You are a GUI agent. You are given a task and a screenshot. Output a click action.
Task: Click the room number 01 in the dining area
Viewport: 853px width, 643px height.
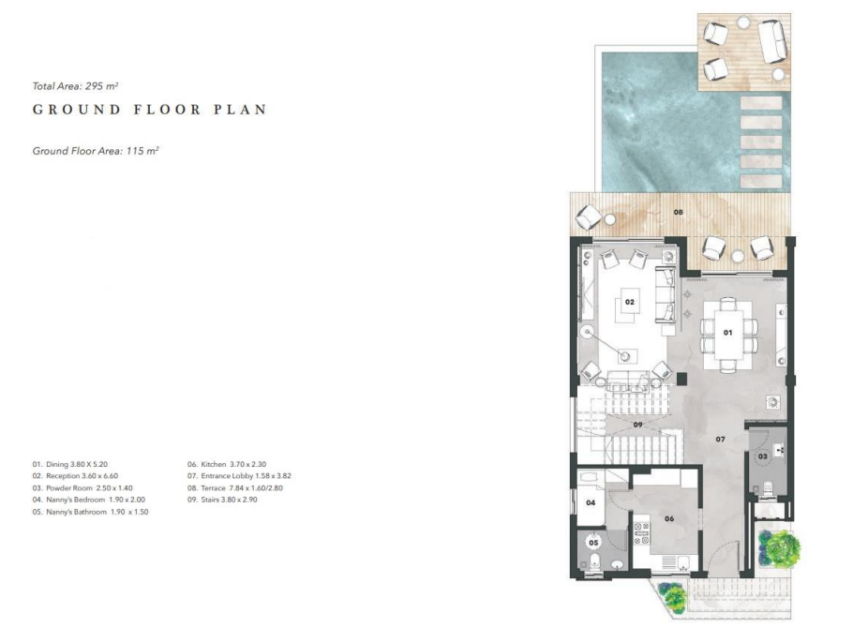pos(727,333)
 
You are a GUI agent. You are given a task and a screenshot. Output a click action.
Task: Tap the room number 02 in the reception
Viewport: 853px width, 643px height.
pos(629,302)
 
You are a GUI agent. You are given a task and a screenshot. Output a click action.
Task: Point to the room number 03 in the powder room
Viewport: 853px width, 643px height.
pos(763,456)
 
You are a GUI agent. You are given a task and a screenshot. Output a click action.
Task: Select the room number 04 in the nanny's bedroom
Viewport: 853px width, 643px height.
pos(591,502)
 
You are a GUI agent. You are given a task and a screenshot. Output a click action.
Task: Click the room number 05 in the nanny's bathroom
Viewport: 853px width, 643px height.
pos(593,543)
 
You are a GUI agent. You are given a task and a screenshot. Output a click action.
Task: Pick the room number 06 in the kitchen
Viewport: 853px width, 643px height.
pos(669,519)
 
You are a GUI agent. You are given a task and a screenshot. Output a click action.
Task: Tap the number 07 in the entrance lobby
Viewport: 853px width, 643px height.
pos(720,439)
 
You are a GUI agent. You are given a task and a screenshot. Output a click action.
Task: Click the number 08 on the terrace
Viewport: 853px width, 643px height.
pos(678,212)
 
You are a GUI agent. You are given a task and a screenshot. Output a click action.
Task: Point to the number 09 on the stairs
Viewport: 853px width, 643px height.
pos(637,425)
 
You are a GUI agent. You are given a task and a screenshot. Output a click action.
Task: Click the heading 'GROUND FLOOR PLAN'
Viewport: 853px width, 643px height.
pos(150,110)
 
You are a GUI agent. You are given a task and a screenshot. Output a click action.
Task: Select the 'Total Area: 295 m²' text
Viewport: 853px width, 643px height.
pos(76,86)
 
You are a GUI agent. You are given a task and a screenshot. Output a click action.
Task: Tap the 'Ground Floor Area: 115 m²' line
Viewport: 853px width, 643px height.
pos(96,151)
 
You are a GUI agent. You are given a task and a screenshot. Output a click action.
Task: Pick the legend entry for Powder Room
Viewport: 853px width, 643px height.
pos(82,488)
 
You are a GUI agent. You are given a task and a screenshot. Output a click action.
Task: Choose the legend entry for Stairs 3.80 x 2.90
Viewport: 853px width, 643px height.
pos(222,500)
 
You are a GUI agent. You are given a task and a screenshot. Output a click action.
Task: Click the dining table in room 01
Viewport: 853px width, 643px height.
pos(728,333)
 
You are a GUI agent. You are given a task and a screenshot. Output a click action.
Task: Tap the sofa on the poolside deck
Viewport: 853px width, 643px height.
pos(772,41)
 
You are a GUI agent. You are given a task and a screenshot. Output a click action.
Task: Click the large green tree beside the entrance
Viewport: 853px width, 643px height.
pos(781,546)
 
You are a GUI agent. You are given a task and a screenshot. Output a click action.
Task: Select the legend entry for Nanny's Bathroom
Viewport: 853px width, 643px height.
pos(90,512)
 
